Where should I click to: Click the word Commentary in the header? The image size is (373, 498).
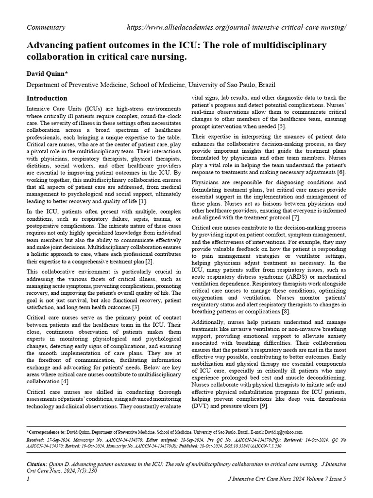click(46, 28)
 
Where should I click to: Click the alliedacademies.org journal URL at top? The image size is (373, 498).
click(237, 28)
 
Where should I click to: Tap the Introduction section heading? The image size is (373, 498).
click(47, 98)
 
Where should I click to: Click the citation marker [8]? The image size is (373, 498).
click(286, 311)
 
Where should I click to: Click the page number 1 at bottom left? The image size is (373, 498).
click(28, 480)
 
